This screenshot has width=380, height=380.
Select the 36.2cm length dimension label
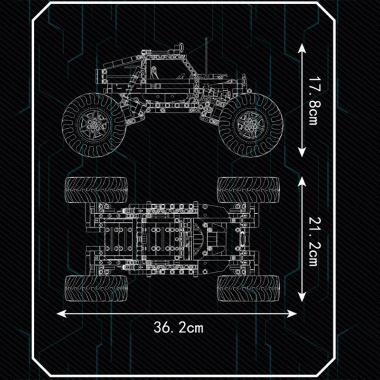tap(179, 328)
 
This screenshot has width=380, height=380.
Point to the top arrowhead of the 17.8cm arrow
tap(302, 48)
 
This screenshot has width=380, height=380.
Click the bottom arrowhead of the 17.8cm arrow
tap(302, 153)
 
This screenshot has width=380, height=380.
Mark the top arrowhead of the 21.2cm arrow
tap(302, 181)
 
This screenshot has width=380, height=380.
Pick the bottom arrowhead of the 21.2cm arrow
tap(302, 297)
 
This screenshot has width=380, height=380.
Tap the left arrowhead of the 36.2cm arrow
tap(61, 313)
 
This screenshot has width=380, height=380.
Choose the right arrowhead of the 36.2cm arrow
tap(292, 314)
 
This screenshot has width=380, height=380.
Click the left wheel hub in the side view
tap(94, 124)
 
